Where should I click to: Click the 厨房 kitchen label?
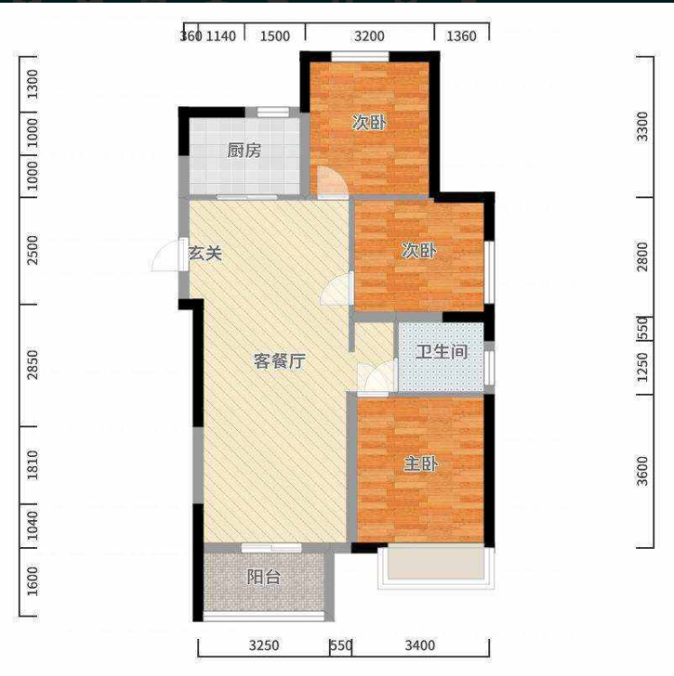click(244, 151)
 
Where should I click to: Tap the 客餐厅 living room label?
click(279, 361)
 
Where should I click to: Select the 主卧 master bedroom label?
click(421, 464)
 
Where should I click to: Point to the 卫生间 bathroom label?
click(442, 352)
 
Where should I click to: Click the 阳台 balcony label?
click(264, 577)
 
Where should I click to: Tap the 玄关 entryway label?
click(205, 253)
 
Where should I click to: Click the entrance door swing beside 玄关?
click(166, 257)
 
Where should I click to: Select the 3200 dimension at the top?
click(369, 36)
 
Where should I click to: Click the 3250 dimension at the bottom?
click(264, 645)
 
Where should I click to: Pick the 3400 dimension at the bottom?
click(420, 645)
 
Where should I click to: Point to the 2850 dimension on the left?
click(32, 365)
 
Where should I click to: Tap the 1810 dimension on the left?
click(32, 465)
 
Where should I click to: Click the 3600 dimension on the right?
click(642, 470)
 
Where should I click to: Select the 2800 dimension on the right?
click(642, 257)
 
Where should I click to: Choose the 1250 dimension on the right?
click(642, 368)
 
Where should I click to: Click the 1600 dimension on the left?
click(32, 581)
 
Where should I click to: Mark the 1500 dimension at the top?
click(275, 36)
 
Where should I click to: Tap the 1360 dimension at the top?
click(461, 36)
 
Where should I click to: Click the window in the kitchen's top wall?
click(273, 112)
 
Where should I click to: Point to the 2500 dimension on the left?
click(32, 250)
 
